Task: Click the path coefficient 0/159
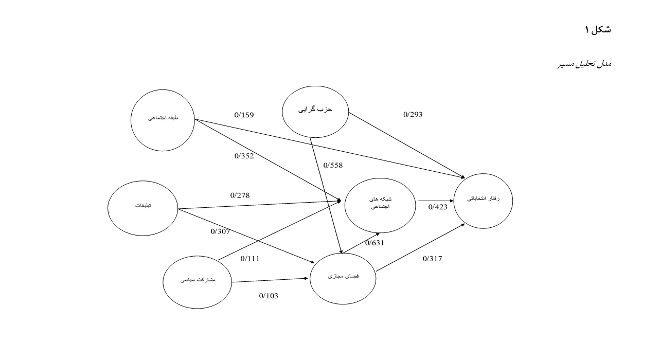tap(244, 115)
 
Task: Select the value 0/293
tap(413, 115)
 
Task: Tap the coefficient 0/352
tap(244, 156)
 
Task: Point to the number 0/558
tap(333, 165)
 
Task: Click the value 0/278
tap(240, 195)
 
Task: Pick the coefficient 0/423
tap(438, 207)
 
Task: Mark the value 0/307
tap(220, 231)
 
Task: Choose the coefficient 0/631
tap(374, 243)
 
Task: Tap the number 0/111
tap(250, 259)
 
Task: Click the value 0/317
tap(432, 259)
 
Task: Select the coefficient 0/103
tap(269, 296)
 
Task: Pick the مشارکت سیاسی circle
tap(197, 281)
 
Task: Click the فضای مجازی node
tap(343, 277)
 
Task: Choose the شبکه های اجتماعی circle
tap(380, 203)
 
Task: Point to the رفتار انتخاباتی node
tap(483, 200)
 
